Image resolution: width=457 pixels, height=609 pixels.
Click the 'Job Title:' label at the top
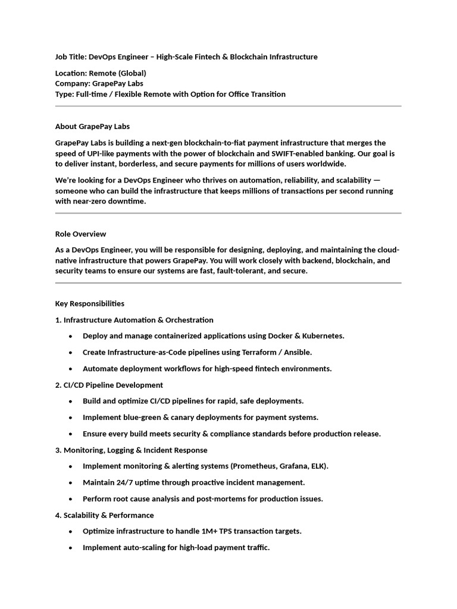tap(71, 57)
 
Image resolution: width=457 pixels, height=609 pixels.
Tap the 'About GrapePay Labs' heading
tap(92, 127)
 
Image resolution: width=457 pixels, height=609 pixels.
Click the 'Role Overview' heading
tap(81, 234)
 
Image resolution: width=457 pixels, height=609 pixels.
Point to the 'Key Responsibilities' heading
tap(90, 304)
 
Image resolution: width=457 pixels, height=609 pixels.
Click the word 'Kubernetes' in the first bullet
tap(322, 336)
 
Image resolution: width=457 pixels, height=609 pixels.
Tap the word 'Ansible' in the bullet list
tap(296, 352)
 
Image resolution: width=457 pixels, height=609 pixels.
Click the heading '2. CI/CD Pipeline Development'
tap(109, 385)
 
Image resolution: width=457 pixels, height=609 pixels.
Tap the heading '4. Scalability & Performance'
tap(104, 515)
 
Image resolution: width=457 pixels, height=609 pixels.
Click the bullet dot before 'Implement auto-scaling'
tap(71, 548)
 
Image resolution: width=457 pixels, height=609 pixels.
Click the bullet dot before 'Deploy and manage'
tap(71, 336)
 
